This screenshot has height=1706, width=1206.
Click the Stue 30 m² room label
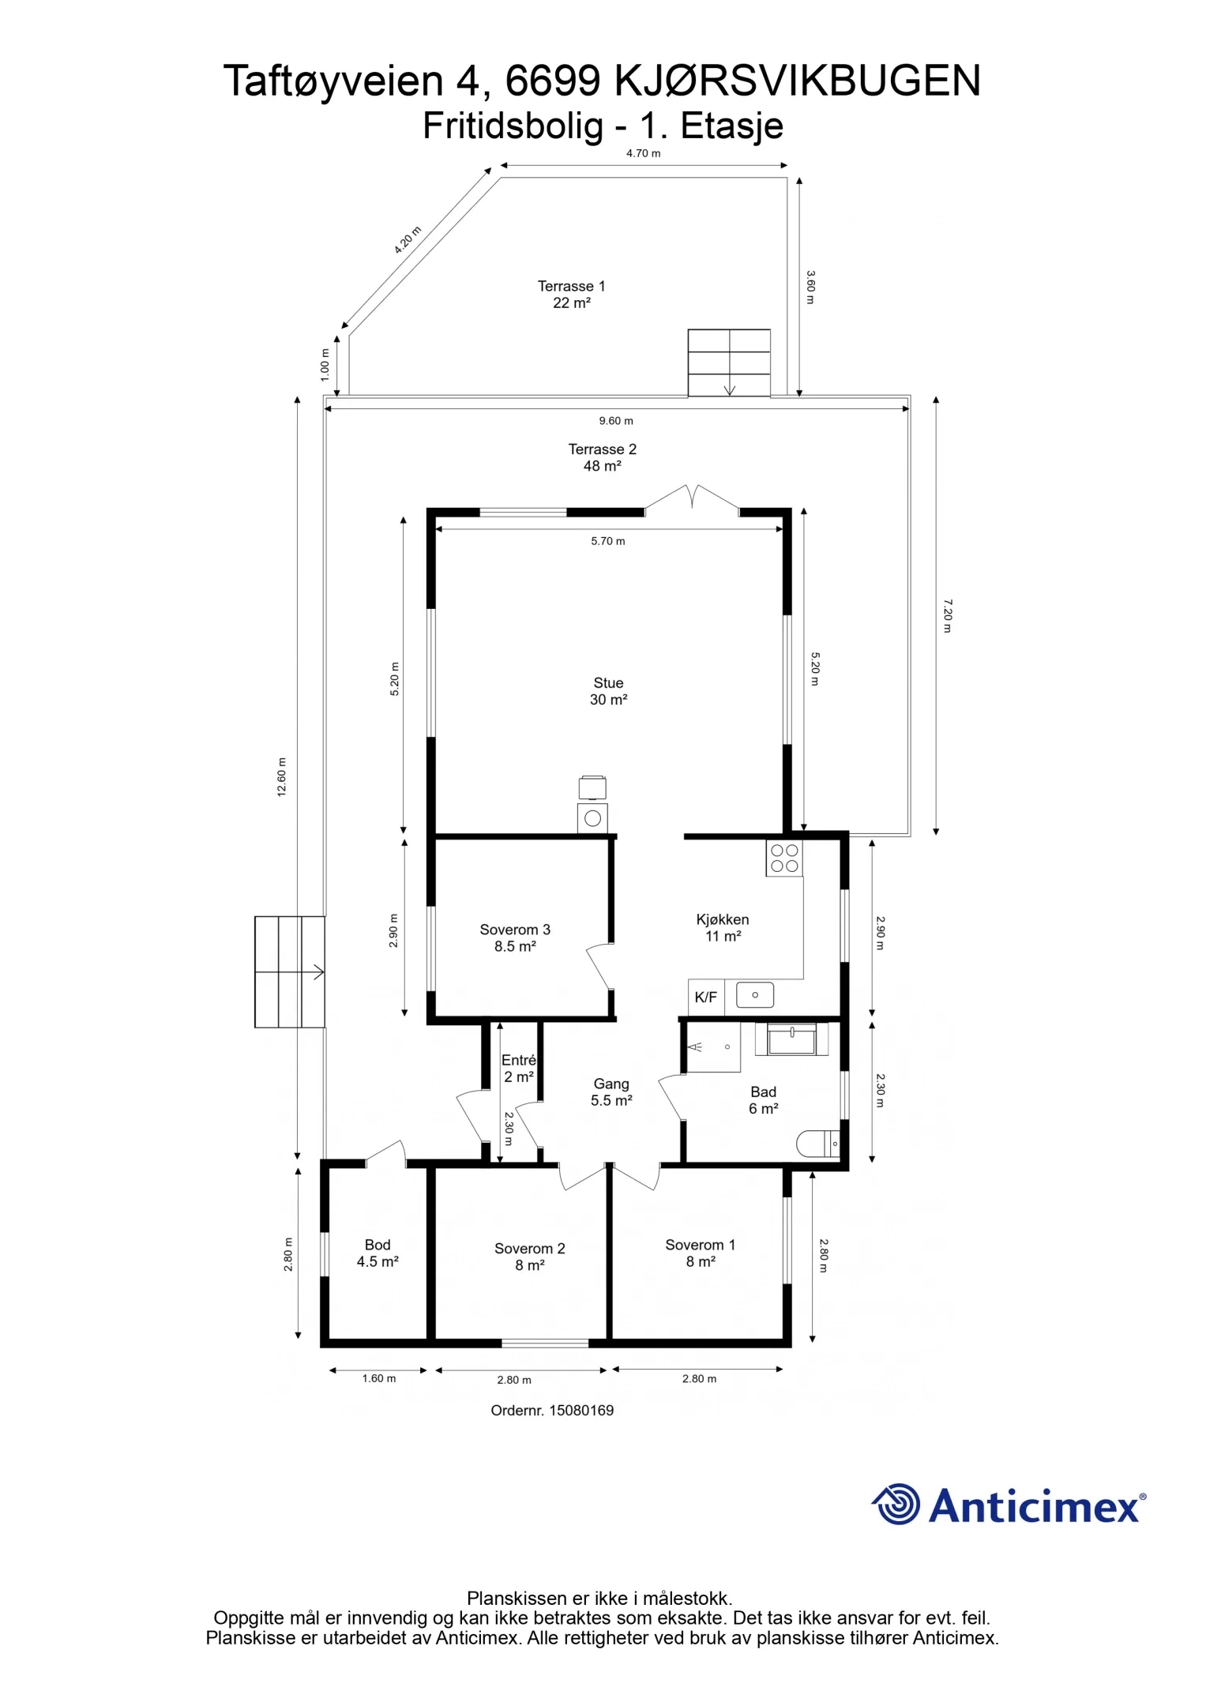click(x=608, y=691)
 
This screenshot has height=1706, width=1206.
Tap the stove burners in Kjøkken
click(x=783, y=859)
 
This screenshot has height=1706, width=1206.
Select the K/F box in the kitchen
click(x=705, y=998)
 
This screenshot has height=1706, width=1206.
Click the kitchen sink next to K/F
click(x=754, y=995)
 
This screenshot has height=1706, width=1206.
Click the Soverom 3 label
click(x=515, y=938)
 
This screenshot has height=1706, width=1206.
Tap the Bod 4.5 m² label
click(x=378, y=1253)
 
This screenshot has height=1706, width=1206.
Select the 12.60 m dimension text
click(x=282, y=777)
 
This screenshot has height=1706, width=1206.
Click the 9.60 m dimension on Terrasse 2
click(x=615, y=421)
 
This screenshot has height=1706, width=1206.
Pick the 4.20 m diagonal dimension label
click(x=408, y=239)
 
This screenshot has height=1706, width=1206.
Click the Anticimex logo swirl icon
click(x=896, y=1504)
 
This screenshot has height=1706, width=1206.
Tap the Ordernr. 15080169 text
click(x=552, y=1411)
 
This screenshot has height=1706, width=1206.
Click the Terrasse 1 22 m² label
click(x=571, y=294)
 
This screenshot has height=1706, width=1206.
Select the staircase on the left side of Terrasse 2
click(x=289, y=971)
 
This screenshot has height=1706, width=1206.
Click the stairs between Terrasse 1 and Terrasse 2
click(x=728, y=363)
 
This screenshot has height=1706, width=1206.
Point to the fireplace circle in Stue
click(x=592, y=818)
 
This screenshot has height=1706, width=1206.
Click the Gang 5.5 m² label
click(x=611, y=1092)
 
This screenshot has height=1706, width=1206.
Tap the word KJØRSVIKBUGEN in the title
click(x=797, y=81)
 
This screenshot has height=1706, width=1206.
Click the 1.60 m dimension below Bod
click(x=379, y=1378)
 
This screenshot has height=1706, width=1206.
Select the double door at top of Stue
click(x=692, y=498)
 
